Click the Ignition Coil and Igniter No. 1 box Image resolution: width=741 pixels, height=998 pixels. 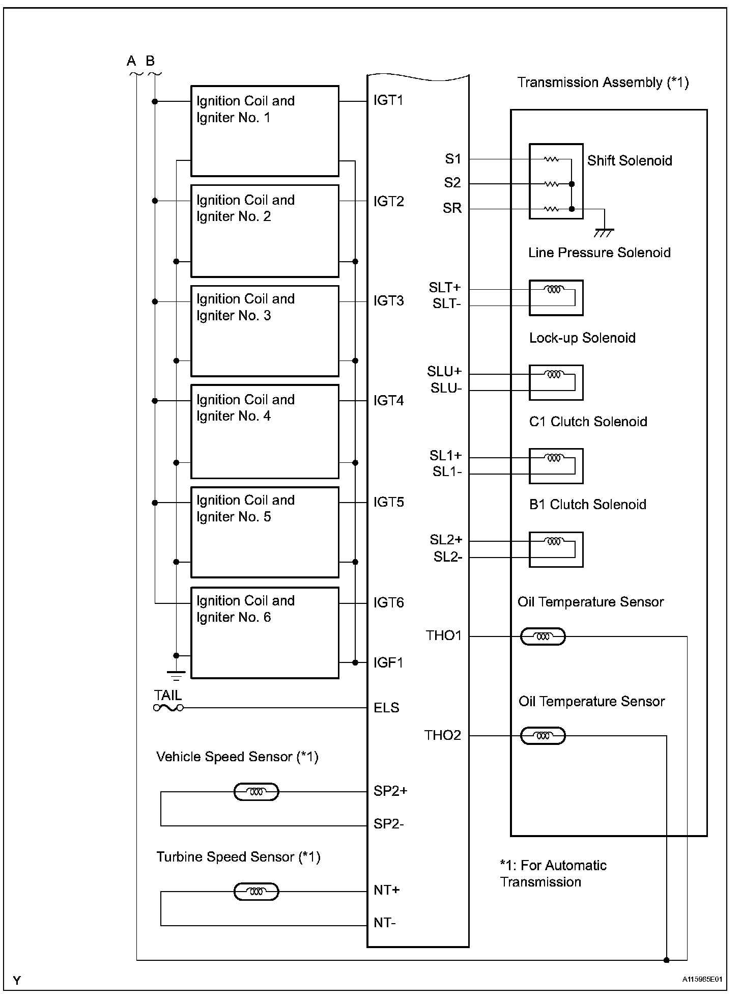(265, 131)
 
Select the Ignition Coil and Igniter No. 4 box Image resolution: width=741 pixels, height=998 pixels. (265, 431)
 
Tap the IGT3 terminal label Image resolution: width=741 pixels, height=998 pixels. (388, 301)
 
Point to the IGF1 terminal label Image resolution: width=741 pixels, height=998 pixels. (388, 662)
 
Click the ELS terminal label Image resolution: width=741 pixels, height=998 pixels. (386, 708)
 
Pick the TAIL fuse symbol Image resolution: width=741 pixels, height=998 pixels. (168, 708)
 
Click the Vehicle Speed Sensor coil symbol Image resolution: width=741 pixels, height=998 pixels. (256, 792)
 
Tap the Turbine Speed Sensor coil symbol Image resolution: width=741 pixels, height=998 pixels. (256, 892)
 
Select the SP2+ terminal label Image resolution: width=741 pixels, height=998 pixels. (390, 791)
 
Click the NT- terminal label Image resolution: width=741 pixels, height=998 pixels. (385, 923)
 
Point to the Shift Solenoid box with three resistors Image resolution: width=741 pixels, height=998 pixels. (556, 181)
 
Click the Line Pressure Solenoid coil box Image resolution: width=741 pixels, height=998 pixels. (556, 298)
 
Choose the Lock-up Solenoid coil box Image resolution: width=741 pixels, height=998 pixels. (556, 382)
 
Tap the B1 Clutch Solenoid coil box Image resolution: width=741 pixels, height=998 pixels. (556, 550)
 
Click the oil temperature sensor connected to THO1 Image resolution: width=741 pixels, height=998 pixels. (543, 636)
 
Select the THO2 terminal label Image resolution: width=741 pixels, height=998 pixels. (443, 735)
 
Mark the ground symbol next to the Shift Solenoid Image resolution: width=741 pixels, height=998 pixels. (604, 233)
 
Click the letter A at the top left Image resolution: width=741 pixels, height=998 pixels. (131, 61)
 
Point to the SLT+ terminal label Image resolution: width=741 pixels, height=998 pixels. (444, 288)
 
